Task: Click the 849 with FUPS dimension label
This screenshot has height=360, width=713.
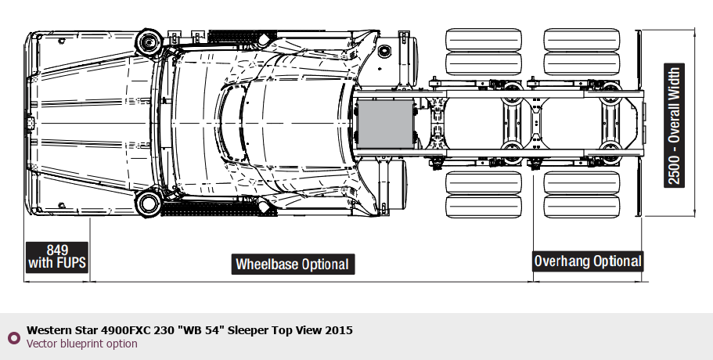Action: coord(57,256)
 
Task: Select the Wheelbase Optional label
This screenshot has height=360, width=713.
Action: coord(293,264)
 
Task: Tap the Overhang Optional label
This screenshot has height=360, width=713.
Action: coord(588,261)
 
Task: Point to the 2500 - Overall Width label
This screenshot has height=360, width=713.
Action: coord(673,125)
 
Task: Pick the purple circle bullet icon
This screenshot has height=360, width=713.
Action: coord(13,337)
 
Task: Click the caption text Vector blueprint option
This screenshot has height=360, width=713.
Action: coord(82,344)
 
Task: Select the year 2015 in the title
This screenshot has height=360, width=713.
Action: coord(339,330)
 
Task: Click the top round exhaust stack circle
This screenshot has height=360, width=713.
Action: coord(146,41)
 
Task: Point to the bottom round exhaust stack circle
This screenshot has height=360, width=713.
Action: coord(146,205)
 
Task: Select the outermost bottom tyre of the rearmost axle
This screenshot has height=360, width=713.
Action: coord(582,208)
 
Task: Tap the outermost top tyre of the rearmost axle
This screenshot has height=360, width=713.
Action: coord(582,39)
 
